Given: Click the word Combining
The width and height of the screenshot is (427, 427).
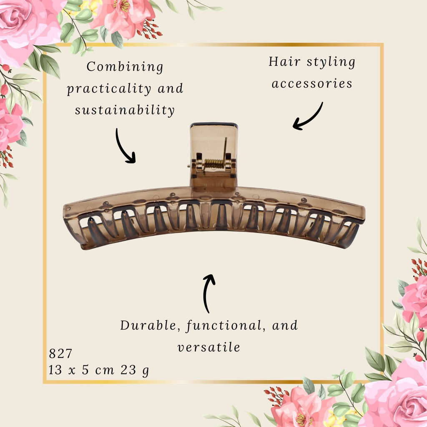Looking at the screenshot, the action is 125,67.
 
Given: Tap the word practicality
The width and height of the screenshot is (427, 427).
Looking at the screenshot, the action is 109,89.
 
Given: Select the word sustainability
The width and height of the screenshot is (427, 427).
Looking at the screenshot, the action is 125,111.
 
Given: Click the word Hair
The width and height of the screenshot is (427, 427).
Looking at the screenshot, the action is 284,62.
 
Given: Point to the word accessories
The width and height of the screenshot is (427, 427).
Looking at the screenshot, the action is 312,83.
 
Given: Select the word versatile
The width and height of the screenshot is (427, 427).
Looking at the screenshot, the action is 209,347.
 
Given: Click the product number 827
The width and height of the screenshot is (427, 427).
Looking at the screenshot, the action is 60,354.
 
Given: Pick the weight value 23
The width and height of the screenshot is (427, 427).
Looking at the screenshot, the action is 128,370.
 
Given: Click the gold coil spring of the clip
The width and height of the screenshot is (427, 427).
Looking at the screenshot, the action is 214,164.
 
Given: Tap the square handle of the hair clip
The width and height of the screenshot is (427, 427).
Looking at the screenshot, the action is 214,157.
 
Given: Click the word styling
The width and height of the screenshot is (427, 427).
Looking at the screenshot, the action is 331,63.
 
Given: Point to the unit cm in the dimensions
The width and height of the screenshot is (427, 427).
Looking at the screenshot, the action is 105,371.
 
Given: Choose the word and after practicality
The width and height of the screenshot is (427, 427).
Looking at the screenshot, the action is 171,88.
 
